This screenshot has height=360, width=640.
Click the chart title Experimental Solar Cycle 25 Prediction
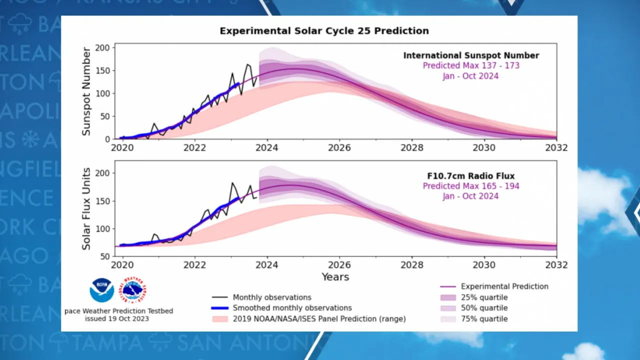pos(324,31)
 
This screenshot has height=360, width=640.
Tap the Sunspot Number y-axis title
pos(86,91)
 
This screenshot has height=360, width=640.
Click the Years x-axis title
pos(335,276)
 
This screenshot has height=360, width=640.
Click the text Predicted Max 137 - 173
pos(471,65)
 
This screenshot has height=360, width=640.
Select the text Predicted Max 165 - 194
pos(471,186)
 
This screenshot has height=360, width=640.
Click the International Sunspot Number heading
pos(471,55)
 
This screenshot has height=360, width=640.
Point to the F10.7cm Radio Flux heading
pos(471,175)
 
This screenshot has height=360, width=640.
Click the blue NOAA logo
pos(102,290)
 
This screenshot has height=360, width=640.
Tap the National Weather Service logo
pos(134,290)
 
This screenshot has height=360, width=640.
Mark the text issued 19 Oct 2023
pos(116,318)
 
